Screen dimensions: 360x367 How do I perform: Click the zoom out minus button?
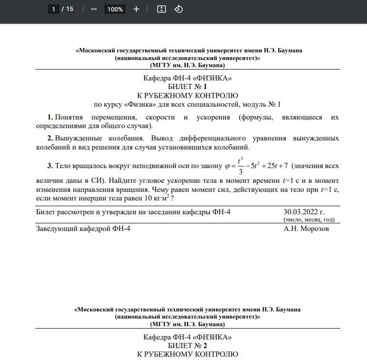pos(93,9)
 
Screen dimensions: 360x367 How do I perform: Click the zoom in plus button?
pos(136,9)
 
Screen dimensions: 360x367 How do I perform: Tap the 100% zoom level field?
pos(115,9)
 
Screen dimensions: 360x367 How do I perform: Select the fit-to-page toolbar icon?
pos(162,9)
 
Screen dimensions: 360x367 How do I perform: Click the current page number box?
pos(54,9)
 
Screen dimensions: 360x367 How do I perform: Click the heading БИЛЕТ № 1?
pos(187,87)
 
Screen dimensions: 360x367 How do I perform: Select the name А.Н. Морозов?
pos(306,229)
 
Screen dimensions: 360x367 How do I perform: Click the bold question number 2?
pos(50,138)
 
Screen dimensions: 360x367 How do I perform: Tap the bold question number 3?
pos(50,166)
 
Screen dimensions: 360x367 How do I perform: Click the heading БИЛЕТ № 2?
pos(187,345)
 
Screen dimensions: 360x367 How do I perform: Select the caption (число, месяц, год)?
pos(308,220)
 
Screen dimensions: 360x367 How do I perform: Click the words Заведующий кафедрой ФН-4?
pos(83,229)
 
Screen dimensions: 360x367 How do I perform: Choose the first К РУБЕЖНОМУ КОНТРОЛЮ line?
pos(187,95)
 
